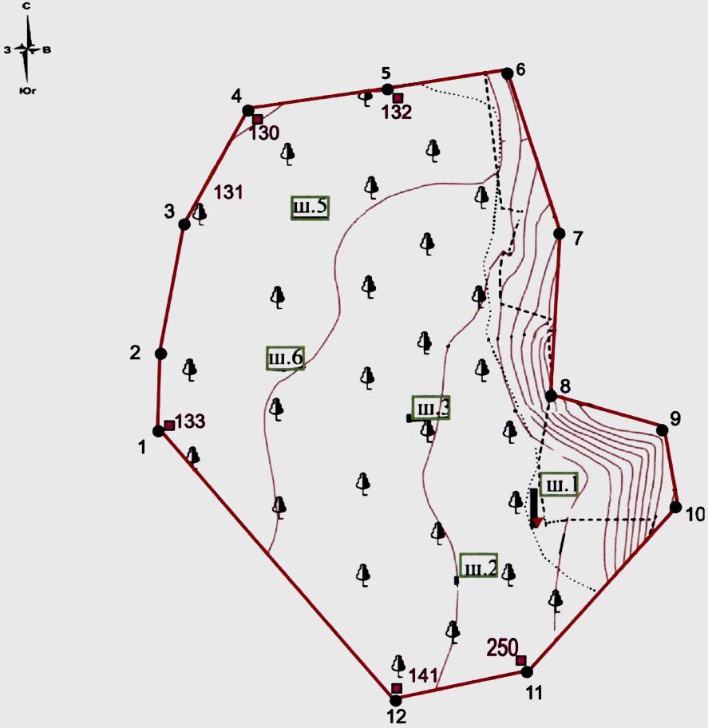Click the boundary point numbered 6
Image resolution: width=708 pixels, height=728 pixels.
pos(507,73)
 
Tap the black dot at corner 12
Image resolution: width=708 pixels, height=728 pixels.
pos(395,700)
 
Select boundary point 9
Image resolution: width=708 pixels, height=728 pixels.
pos(662,430)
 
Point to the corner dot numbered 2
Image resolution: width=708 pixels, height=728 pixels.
pos(160,354)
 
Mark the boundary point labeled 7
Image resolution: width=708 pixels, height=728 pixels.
pos(559,234)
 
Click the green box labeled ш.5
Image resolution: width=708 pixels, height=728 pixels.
pos(310,208)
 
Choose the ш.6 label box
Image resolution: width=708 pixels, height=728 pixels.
pos(286,358)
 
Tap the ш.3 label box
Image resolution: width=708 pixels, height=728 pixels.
pos(431,408)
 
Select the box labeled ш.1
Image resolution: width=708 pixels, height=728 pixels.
pos(559,485)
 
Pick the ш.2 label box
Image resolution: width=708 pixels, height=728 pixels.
pos(479,565)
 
